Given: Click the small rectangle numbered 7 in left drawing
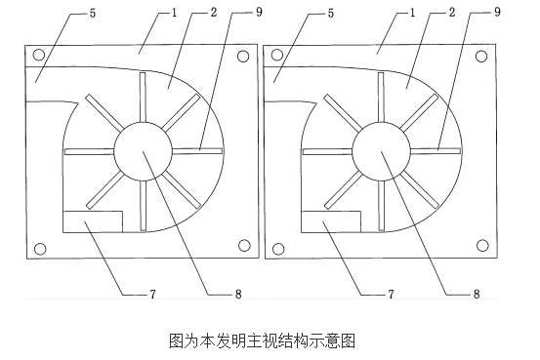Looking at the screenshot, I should [91, 221].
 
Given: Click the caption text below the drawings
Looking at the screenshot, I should [262, 341].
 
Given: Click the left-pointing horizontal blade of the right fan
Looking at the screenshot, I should [325, 151].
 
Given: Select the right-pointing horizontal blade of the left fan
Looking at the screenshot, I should [199, 151].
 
